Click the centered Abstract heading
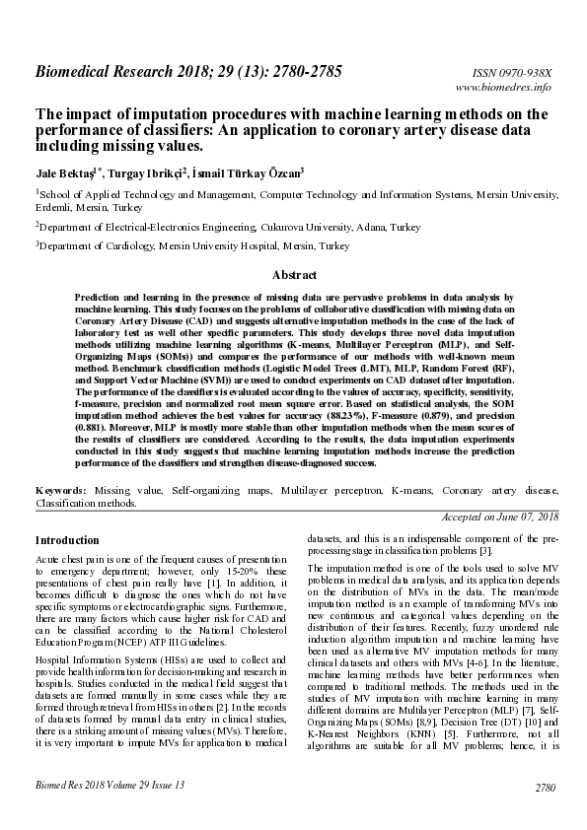click(x=293, y=275)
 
